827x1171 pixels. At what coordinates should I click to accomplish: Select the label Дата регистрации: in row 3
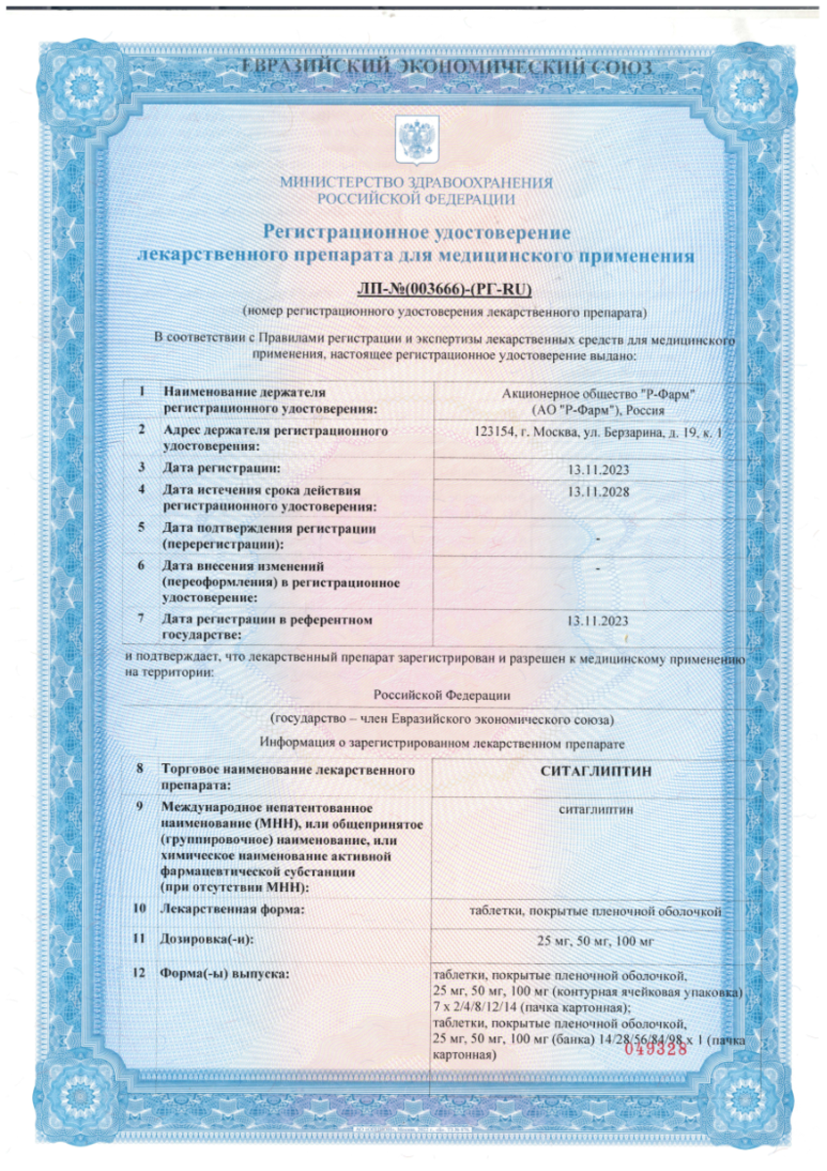coord(213,468)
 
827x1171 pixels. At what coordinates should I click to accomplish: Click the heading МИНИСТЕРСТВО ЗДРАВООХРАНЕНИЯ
coord(416,182)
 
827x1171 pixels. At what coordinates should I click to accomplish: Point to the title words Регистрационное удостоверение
coord(416,231)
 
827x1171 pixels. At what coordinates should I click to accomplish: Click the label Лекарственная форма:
coord(232,909)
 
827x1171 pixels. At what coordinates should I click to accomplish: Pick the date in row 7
coord(598,621)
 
